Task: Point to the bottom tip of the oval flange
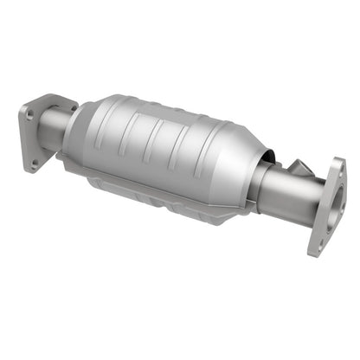313,253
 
